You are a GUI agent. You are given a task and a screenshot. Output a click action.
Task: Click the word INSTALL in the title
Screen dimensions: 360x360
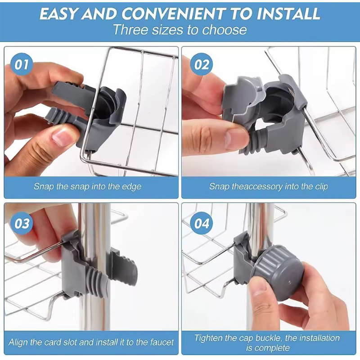pyautogui.click(x=288, y=13)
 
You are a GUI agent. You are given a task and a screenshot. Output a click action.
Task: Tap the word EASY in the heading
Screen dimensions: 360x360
pyautogui.click(x=58, y=13)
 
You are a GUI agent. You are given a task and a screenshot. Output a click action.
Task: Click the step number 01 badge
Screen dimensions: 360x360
pyautogui.click(x=21, y=64)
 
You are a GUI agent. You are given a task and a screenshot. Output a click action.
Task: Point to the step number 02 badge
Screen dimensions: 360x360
pyautogui.click(x=201, y=64)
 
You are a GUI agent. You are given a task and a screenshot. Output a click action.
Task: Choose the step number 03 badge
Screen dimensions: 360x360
pyautogui.click(x=21, y=223)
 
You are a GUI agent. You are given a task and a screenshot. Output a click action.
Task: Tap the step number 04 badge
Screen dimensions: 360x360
pyautogui.click(x=201, y=223)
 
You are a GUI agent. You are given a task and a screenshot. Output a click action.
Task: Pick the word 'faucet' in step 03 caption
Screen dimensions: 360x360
pyautogui.click(x=162, y=342)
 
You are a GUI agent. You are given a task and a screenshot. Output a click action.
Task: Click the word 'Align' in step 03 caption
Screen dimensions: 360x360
pyautogui.click(x=18, y=343)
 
